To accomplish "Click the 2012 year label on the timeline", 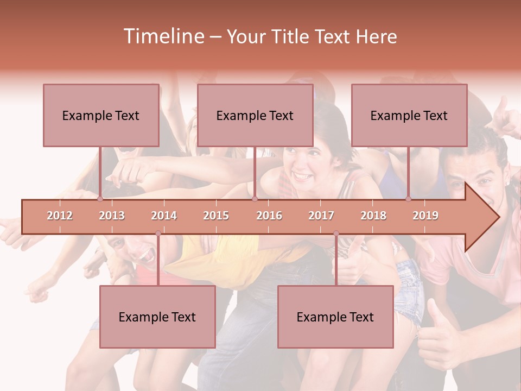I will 60,216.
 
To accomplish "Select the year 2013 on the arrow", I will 112,216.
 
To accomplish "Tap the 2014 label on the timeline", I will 164,216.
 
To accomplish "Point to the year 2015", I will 216,216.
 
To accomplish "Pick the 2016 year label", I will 269,216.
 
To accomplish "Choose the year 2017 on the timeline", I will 321,216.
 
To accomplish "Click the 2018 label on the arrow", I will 373,216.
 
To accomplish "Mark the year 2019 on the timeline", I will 425,216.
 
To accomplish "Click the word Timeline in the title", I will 163,36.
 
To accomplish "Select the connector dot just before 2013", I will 100,199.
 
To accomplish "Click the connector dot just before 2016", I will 255,199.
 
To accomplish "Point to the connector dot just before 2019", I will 409,199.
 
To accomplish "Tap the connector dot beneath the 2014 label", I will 158,234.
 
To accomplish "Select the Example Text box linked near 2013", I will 101,115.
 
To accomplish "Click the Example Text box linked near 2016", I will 255,115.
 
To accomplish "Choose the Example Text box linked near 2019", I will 409,115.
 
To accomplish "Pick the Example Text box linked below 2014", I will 157,317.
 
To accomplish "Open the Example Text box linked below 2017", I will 335,317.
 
